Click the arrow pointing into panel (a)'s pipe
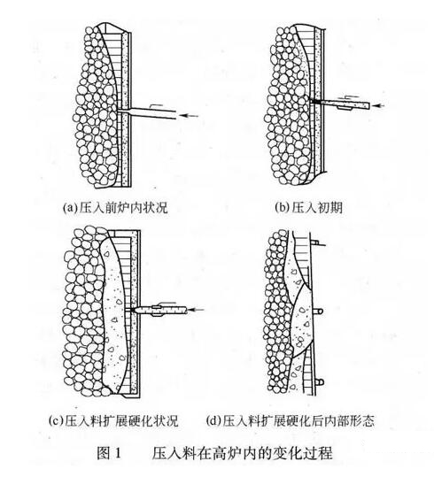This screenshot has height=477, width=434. [x=189, y=115]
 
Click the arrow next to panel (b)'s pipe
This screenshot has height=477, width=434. [x=379, y=105]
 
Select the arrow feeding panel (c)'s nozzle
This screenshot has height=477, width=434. [x=196, y=310]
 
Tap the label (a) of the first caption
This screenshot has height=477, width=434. [x=69, y=208]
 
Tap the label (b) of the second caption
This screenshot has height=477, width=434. [x=281, y=207]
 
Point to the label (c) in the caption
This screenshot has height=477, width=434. [x=55, y=420]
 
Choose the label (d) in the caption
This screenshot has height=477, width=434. [x=213, y=420]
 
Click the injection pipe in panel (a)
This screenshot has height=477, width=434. [x=147, y=112]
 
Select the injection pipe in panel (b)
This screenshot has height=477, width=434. [x=345, y=104]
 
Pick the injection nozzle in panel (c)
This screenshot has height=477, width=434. [x=160, y=311]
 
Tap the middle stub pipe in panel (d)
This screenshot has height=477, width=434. [x=317, y=312]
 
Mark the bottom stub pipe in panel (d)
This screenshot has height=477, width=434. [x=318, y=381]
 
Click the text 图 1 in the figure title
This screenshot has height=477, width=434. [x=109, y=453]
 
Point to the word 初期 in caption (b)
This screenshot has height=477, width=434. [x=330, y=208]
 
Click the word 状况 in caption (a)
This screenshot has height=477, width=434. [x=155, y=208]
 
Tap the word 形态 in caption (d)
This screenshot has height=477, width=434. [x=362, y=420]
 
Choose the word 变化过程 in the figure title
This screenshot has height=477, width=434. [x=307, y=453]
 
